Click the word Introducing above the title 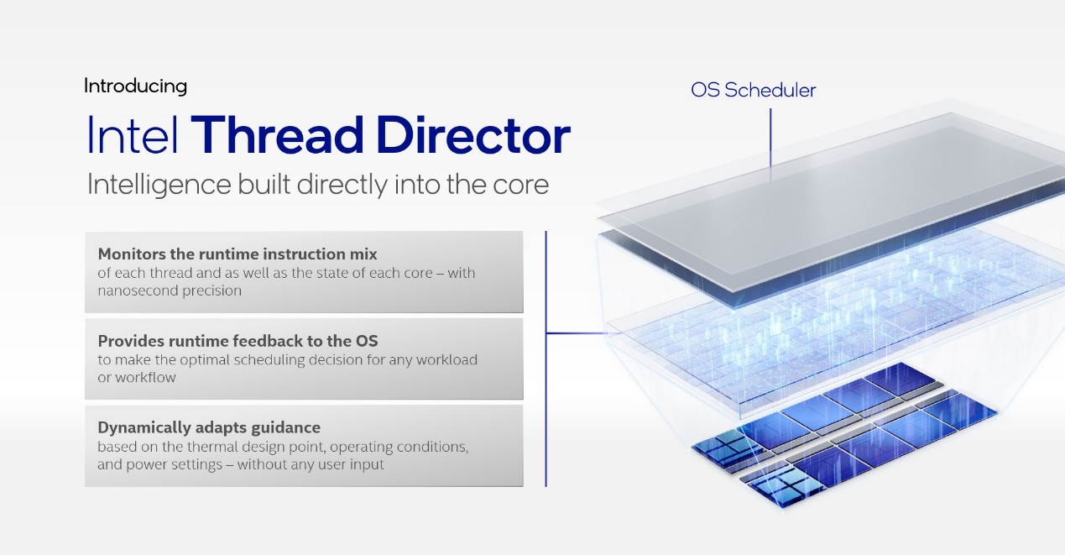135,87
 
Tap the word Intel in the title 133,134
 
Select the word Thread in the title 277,134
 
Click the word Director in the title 473,134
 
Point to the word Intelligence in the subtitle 159,185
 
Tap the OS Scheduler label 753,90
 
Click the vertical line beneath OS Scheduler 770,138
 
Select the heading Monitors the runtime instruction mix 238,254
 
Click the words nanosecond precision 170,291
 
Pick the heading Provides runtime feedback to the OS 238,341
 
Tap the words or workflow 137,378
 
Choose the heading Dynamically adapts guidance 209,427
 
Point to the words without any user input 311,464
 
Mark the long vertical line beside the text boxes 546,359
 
